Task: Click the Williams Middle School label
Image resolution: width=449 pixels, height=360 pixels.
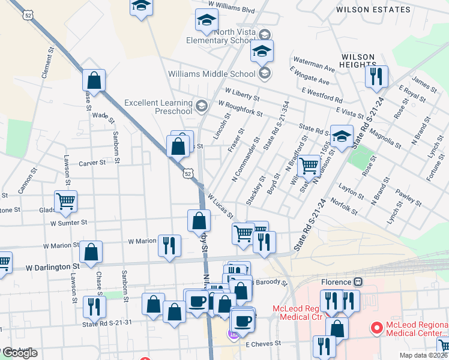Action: coord(212,74)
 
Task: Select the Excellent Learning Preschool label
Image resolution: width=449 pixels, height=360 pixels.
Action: coord(158,107)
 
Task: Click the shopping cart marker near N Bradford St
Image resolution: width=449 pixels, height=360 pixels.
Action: coord(309,166)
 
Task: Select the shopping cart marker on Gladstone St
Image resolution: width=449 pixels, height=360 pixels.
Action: coord(65,201)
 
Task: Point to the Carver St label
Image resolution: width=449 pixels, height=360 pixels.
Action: coord(92,163)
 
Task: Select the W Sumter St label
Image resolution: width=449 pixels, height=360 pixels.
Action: coord(69,222)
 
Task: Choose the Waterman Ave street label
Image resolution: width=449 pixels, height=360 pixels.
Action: coord(313,65)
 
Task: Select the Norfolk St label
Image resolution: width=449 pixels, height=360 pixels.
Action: coord(344,208)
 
